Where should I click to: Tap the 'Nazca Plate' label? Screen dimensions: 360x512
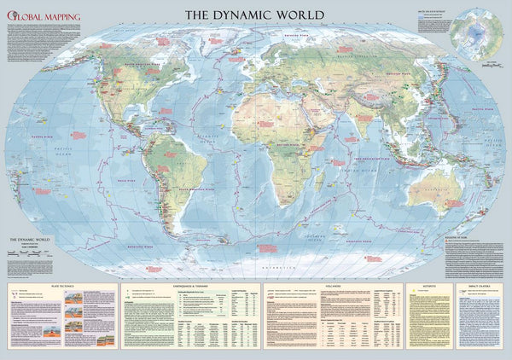(126, 181)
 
